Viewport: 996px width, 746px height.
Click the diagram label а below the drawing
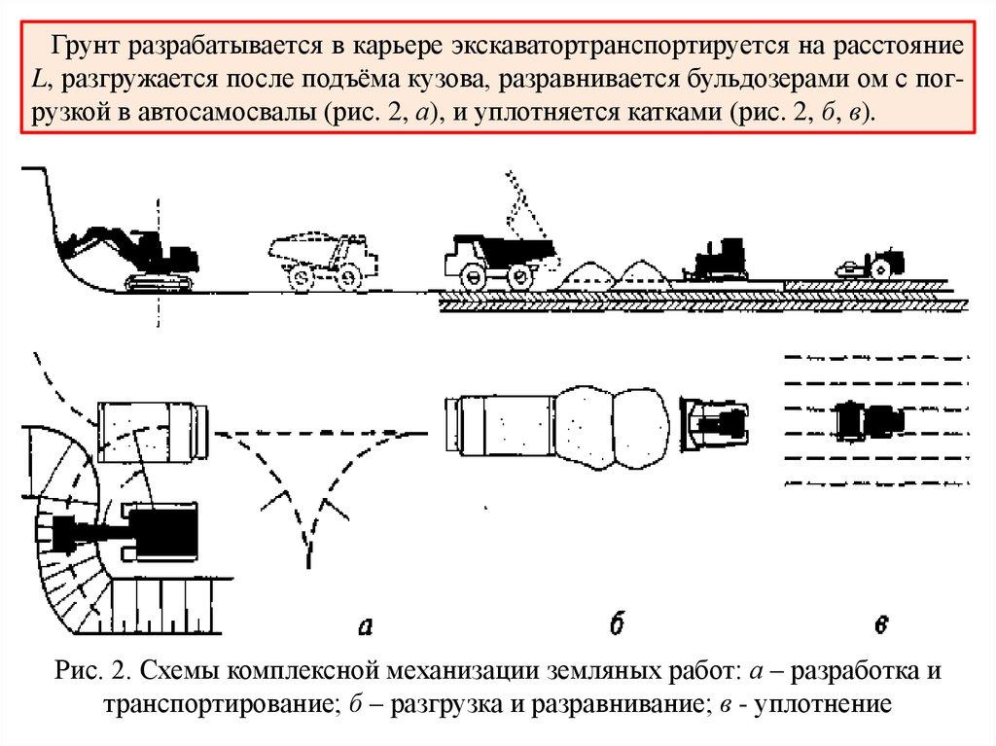click(366, 627)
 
